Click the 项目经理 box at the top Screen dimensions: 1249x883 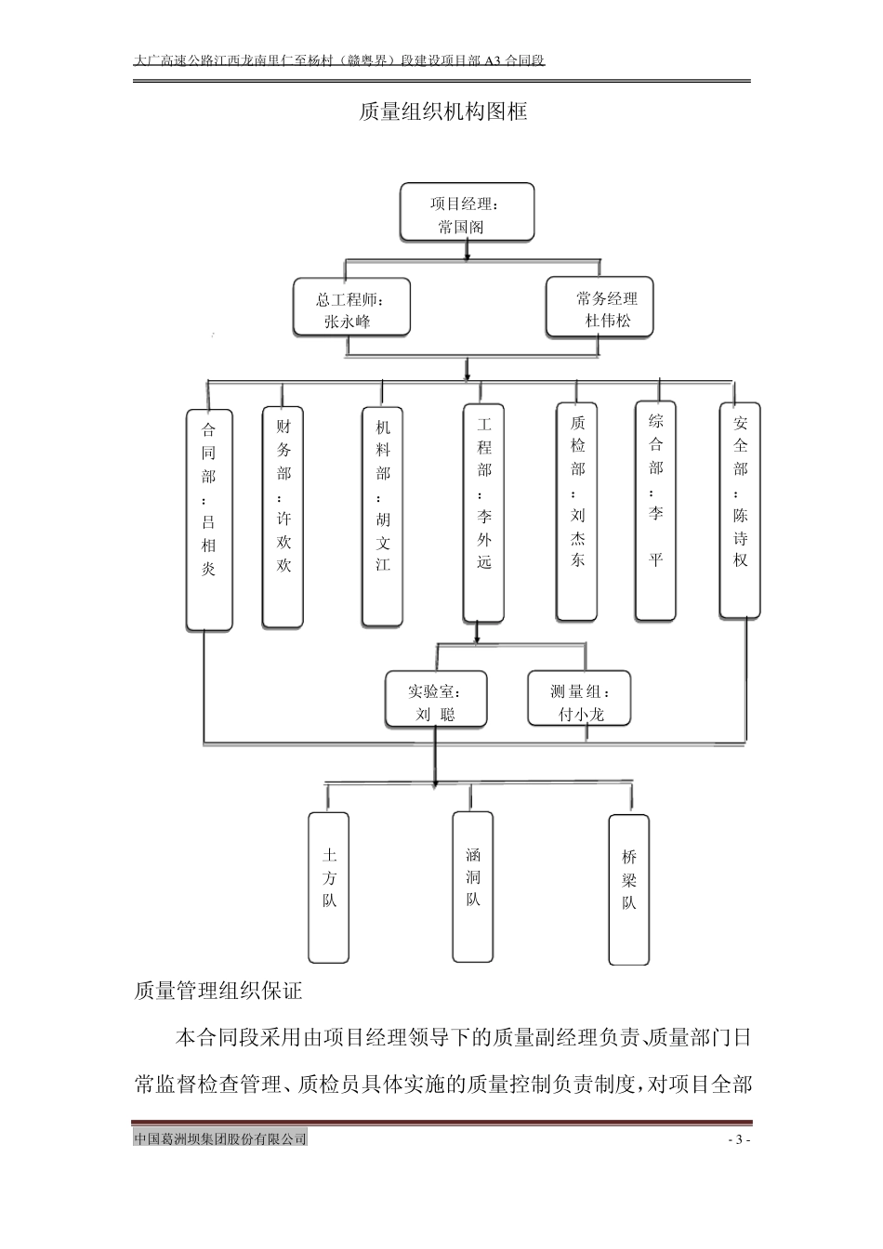coord(468,213)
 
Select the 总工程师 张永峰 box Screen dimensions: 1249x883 coord(351,307)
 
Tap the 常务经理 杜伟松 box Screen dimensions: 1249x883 coord(600,308)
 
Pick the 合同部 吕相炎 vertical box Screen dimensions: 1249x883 coord(209,519)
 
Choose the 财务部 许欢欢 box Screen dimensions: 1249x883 coord(283,517)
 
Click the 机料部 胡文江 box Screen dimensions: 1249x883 coord(383,517)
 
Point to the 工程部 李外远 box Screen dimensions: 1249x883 coord(484,512)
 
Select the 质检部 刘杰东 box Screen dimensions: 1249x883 coord(577,512)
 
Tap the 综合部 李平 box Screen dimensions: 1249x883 coord(655,510)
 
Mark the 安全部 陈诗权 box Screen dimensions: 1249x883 coord(740,510)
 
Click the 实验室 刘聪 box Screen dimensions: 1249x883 coord(435,701)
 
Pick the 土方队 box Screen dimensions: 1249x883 coord(329,887)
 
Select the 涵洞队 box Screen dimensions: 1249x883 coord(473,886)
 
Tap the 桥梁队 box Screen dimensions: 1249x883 coord(629,889)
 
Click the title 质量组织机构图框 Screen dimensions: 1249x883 coord(443,112)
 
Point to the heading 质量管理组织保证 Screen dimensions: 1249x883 coord(218,992)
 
